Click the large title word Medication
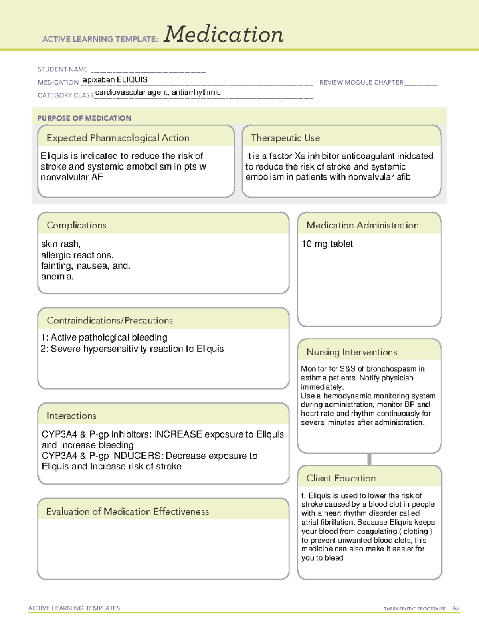pyautogui.click(x=224, y=34)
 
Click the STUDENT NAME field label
pyautogui.click(x=63, y=69)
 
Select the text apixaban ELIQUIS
pyautogui.click(x=115, y=80)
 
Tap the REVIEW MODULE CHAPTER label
pyautogui.click(x=361, y=82)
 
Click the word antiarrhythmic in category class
pyautogui.click(x=196, y=92)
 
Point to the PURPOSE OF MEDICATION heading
pyautogui.click(x=84, y=118)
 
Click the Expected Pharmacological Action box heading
pyautogui.click(x=118, y=138)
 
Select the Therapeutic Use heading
pyautogui.click(x=285, y=138)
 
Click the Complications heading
pyautogui.click(x=77, y=225)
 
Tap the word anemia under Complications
pyautogui.click(x=57, y=277)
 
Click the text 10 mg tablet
pyautogui.click(x=327, y=244)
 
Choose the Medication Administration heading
pyautogui.click(x=362, y=225)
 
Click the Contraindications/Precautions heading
pyautogui.click(x=110, y=321)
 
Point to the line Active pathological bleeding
pyautogui.click(x=109, y=338)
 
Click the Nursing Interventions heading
pyautogui.click(x=352, y=352)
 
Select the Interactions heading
pyautogui.click(x=71, y=416)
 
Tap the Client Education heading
pyautogui.click(x=341, y=478)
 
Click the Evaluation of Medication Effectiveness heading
pyautogui.click(x=127, y=512)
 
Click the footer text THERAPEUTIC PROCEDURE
pyautogui.click(x=415, y=609)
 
